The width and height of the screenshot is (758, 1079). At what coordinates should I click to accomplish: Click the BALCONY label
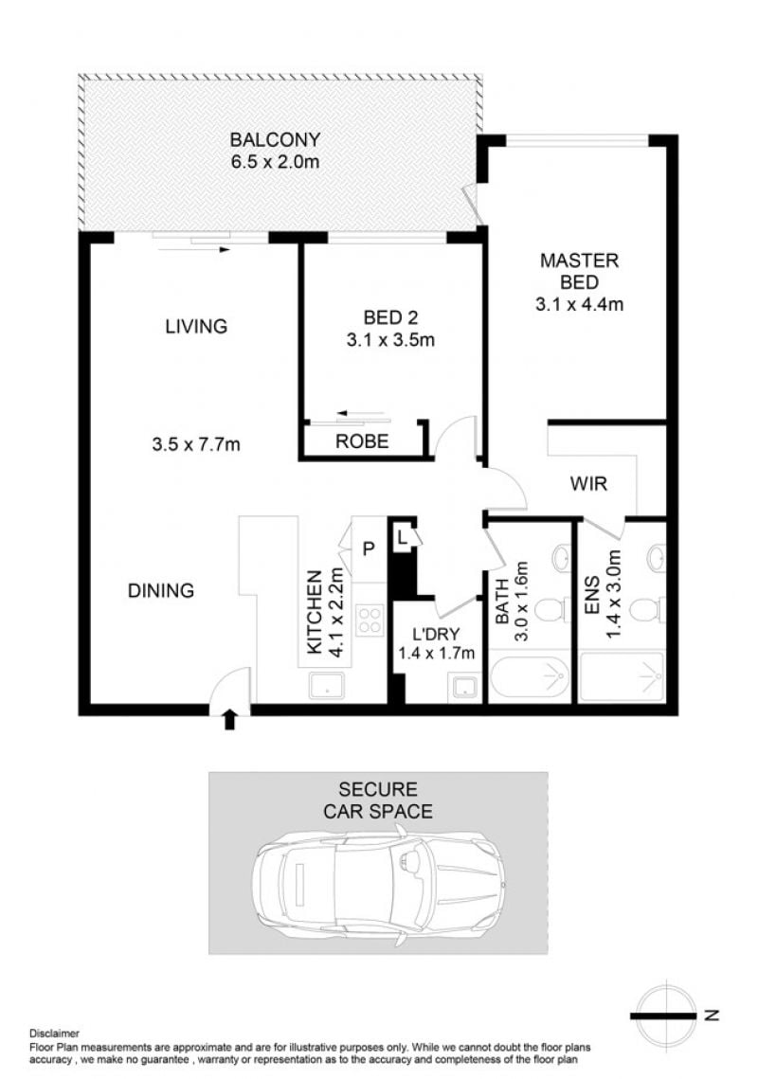pos(275,139)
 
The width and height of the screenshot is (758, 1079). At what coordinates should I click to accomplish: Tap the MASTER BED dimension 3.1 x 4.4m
pos(579,304)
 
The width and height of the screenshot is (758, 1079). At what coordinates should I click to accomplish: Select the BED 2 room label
pos(390,317)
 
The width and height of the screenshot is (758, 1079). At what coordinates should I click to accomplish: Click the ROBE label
pos(362,441)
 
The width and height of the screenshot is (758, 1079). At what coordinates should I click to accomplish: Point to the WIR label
pos(588,484)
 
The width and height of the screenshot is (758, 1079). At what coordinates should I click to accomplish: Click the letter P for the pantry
pos(369,549)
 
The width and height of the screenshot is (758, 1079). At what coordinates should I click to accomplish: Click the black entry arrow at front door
pos(230,721)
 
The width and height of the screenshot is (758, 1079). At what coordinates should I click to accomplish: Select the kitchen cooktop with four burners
pos(370,620)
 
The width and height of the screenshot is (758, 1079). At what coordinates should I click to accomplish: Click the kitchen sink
pos(326,685)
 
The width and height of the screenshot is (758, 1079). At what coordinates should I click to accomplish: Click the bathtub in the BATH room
pos(530,678)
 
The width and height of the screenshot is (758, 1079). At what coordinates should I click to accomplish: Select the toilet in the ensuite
pos(646,609)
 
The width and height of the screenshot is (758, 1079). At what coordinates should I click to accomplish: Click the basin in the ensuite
pos(656,557)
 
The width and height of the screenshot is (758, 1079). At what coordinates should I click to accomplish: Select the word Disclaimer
pos(54,1033)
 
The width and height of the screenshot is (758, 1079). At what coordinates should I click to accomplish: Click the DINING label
pos(161,590)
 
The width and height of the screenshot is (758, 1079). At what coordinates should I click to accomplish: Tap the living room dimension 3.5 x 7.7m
pos(196,444)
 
